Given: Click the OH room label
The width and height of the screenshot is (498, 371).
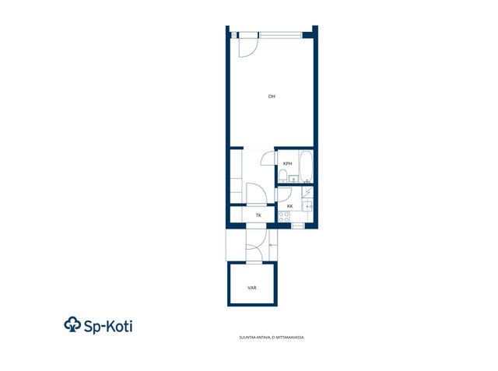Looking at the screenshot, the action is tap(272, 96).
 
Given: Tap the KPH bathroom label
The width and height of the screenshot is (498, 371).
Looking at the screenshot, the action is tap(287, 164).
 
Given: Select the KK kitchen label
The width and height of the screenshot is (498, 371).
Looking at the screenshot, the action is tap(289, 206).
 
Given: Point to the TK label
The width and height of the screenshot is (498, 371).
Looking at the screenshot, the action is tap(258, 215).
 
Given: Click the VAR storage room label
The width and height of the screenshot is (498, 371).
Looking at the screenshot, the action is tap(252, 289).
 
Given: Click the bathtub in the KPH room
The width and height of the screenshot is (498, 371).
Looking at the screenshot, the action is tap(306, 167).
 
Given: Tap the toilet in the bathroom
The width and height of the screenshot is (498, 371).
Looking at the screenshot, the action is tap(282, 176).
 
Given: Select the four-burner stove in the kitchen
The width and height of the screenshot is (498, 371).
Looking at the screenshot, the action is tap(284, 217).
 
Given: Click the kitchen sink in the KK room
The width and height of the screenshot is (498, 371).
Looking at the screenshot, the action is tap(307, 207).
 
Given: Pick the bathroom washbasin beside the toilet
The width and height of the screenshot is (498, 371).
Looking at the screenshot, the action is tap(293, 180).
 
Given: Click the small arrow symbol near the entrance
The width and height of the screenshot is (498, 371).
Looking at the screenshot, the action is tap(272, 245).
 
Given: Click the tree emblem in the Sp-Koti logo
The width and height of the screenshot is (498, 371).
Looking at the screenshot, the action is tap(72, 324).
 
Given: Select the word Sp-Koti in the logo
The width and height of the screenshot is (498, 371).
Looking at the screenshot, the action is tap(108, 326).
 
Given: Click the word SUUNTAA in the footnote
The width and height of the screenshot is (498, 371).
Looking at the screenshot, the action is tap(246, 338).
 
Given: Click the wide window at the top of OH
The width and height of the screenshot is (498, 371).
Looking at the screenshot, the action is tap(280, 35).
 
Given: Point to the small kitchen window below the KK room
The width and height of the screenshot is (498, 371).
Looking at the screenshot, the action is tap(298, 226).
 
